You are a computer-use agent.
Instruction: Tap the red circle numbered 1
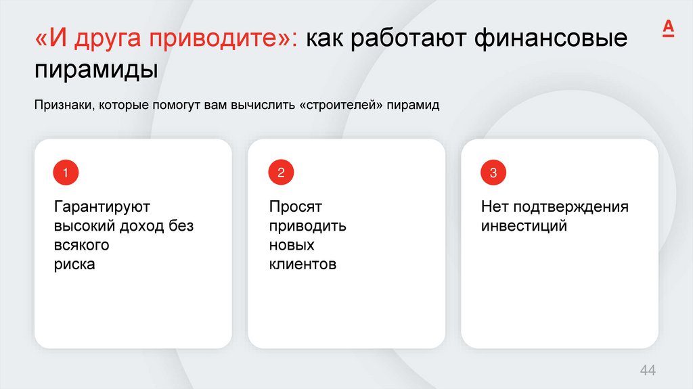click(66, 173)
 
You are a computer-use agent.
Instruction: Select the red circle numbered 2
click(280, 173)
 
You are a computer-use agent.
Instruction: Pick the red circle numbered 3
click(493, 173)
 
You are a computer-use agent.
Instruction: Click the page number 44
click(648, 370)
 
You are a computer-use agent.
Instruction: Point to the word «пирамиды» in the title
click(95, 70)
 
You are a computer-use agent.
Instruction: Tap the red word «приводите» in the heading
click(223, 39)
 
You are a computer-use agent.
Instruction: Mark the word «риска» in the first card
click(74, 265)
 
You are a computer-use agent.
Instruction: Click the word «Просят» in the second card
click(295, 206)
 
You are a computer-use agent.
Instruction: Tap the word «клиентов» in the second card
click(302, 265)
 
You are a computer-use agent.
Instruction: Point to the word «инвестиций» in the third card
click(524, 226)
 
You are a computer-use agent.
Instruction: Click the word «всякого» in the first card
click(81, 245)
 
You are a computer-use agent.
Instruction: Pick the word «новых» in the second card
click(291, 245)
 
